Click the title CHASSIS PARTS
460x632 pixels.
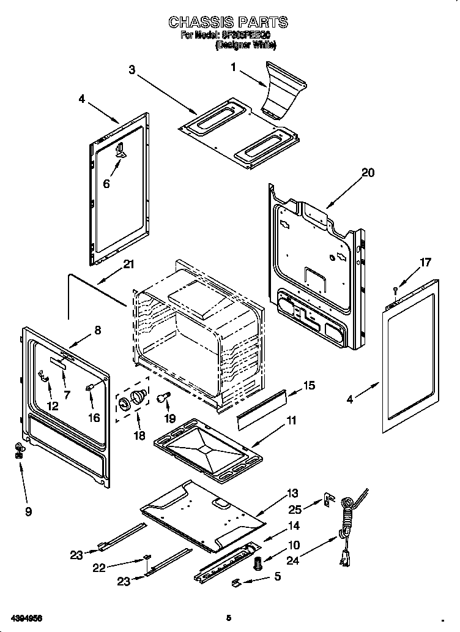(228, 23)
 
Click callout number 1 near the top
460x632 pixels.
(233, 68)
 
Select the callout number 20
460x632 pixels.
(368, 173)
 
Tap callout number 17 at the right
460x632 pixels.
(425, 263)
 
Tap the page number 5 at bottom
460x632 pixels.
(229, 618)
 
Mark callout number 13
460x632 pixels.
(292, 493)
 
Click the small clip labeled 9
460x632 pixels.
(20, 451)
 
